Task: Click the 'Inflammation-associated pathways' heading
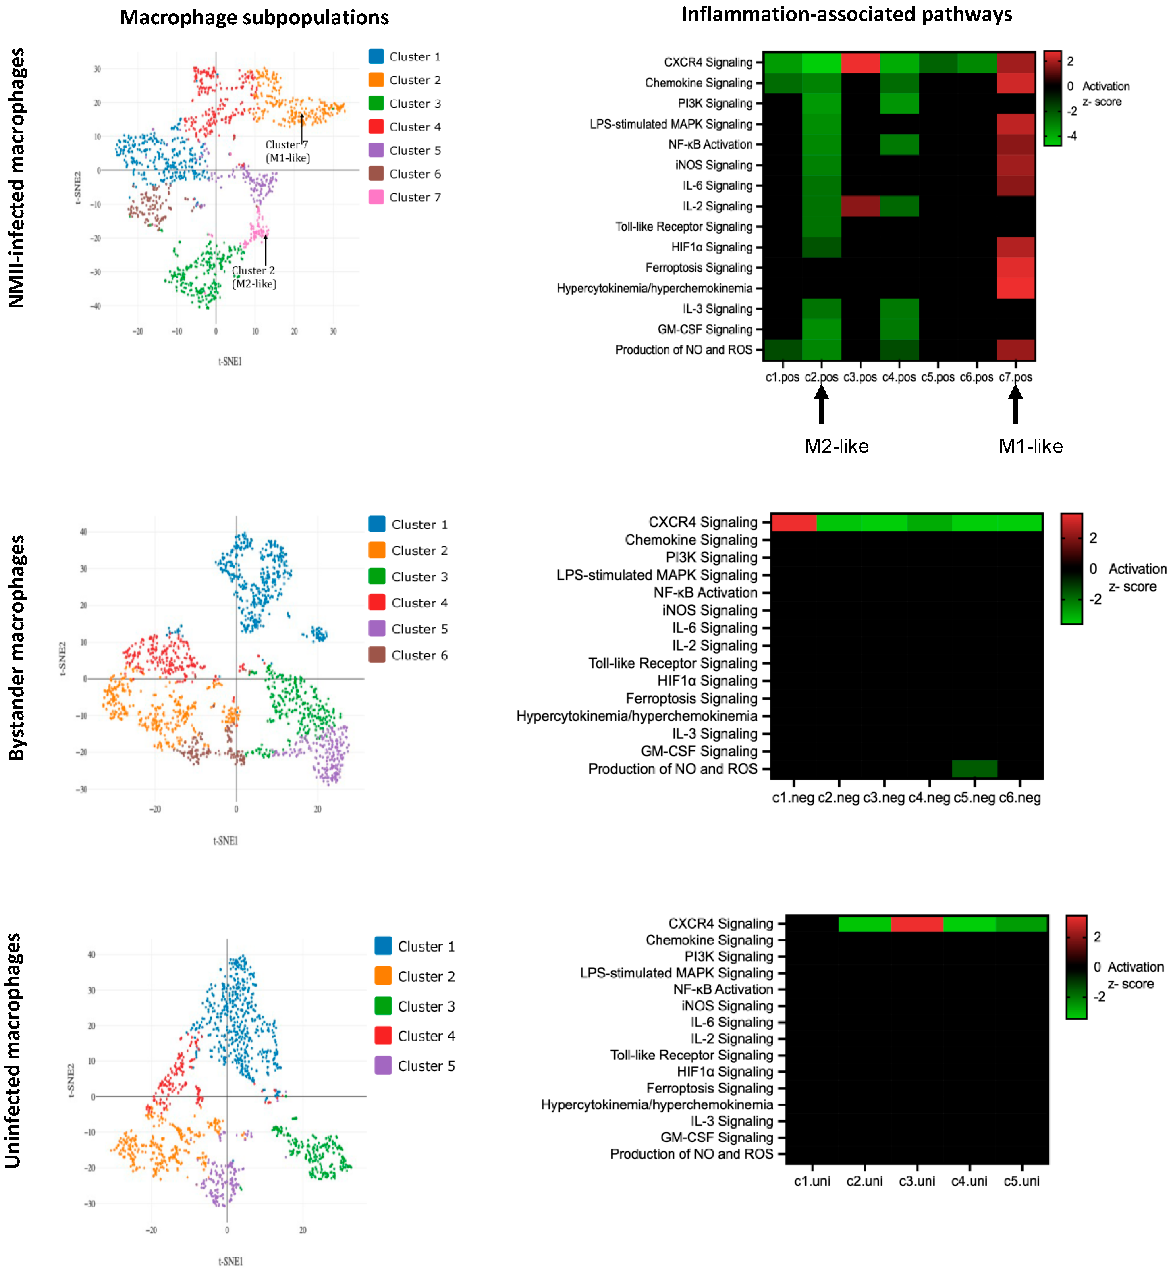846,14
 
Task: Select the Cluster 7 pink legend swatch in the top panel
376,197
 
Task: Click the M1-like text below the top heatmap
1030,446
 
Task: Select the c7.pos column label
1015,377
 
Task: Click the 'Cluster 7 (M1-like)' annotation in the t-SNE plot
288,151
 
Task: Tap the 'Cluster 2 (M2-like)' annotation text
253,277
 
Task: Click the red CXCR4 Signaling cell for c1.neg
793,522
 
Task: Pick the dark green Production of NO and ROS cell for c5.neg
974,769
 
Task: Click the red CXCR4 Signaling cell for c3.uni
917,924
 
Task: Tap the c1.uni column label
812,1181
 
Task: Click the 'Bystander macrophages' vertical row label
17,647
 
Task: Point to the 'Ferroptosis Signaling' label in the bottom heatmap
709,1088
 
